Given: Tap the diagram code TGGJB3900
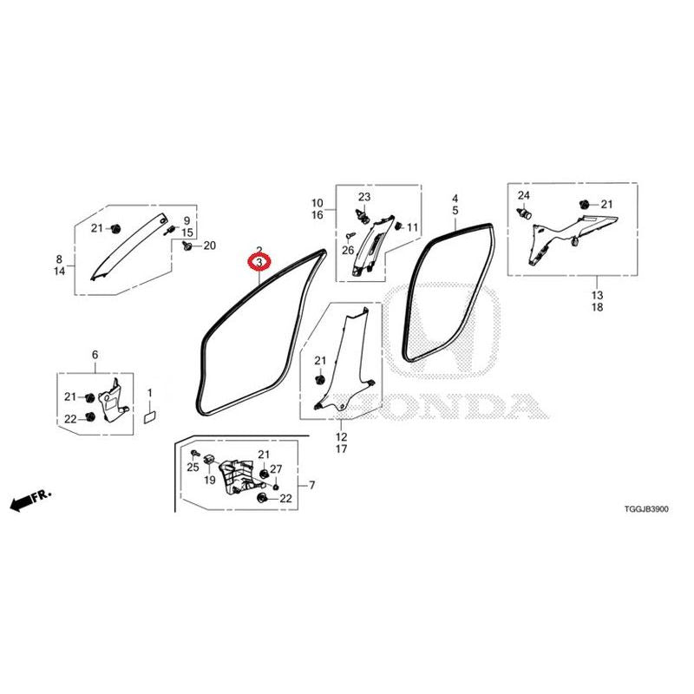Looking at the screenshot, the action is [646, 509].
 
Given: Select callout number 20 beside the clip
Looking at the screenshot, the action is [209, 246].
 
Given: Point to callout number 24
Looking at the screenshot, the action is [524, 195].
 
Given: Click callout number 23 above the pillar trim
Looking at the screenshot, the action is [364, 197].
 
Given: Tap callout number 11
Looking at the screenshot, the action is [413, 227].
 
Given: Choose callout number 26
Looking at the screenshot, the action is [348, 251].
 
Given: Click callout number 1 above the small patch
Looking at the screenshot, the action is [149, 393].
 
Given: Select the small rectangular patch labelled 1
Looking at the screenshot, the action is [150, 417].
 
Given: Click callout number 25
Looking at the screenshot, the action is [193, 467].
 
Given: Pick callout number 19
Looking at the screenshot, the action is [209, 480].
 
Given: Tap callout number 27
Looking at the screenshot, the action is [276, 469].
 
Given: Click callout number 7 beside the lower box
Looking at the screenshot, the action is [312, 486].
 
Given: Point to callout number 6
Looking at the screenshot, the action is [95, 355].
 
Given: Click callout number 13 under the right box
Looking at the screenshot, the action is [597, 295].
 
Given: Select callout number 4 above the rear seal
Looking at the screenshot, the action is [455, 199].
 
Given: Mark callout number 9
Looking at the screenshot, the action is [187, 220].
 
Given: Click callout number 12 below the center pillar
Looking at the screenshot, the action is [341, 437].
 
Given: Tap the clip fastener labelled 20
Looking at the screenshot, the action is [187, 245].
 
